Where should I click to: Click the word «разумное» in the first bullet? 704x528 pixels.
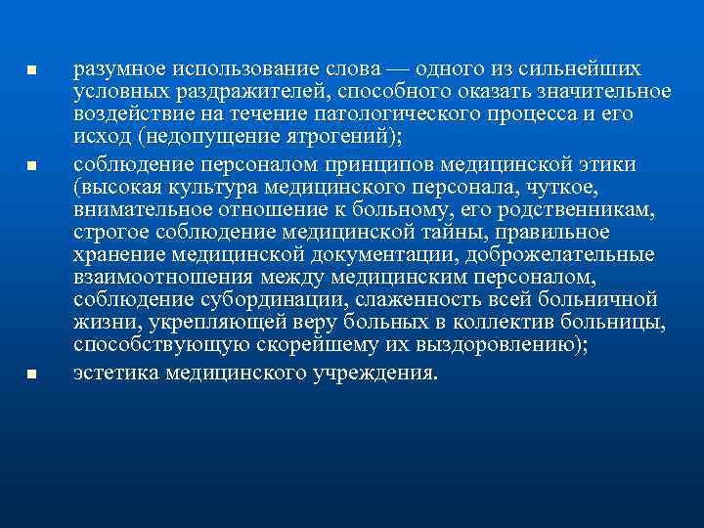(x=120, y=69)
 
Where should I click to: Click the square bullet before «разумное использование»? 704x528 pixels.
(x=31, y=71)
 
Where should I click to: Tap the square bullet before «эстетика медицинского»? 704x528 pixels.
(x=31, y=373)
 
